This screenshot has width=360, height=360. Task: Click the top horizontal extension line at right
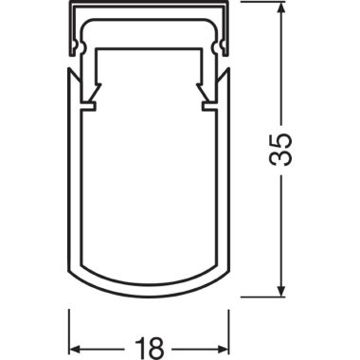(x=263, y=2)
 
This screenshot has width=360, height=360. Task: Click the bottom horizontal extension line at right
(x=263, y=297)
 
